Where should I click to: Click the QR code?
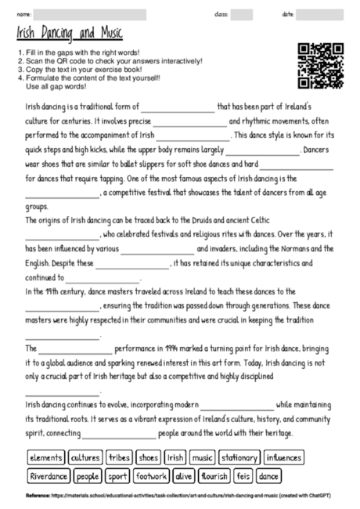pos(321,67)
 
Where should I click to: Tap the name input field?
pos(90,15)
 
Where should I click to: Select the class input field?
pos(241,15)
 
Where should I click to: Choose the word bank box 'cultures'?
pos(85,457)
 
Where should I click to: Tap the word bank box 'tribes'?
pos(119,457)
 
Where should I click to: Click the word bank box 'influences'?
pos(283,457)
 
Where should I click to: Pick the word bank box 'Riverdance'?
pos(49,475)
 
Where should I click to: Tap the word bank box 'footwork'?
pos(151,475)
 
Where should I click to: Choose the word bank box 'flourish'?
pos(214,475)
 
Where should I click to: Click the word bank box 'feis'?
pos(243,475)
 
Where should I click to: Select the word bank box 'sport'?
pos(118,475)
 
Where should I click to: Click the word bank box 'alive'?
pos(184,475)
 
